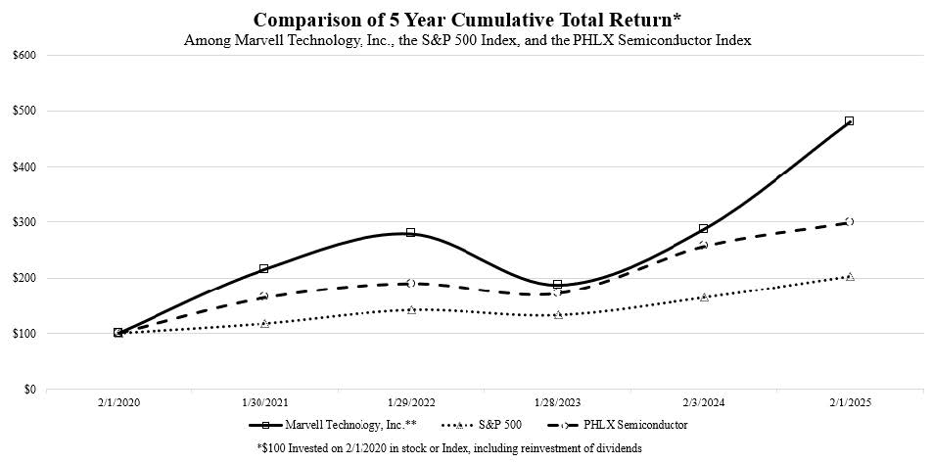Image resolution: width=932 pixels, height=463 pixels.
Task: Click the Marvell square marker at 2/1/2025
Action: (x=849, y=121)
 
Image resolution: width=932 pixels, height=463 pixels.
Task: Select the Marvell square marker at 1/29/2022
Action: (x=410, y=233)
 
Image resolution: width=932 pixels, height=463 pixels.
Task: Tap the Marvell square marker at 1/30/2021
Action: (x=264, y=268)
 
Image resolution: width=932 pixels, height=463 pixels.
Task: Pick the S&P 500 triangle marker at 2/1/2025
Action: (x=849, y=277)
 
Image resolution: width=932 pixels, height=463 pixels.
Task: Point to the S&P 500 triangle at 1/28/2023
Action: (x=557, y=314)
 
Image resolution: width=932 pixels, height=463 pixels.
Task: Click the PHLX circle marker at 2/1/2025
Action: (x=849, y=222)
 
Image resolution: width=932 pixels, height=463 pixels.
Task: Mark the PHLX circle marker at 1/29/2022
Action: (x=410, y=284)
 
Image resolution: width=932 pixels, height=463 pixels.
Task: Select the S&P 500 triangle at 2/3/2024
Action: (x=703, y=297)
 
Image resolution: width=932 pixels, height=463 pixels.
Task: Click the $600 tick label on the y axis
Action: (x=24, y=55)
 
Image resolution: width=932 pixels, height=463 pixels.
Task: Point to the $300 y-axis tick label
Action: (x=24, y=222)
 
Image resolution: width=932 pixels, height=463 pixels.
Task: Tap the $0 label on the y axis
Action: (x=29, y=390)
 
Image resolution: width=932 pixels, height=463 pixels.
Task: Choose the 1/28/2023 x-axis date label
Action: (x=557, y=403)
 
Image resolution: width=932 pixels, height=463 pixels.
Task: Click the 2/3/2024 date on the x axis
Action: (x=703, y=403)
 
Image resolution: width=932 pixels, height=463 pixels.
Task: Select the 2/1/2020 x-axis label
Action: (x=118, y=403)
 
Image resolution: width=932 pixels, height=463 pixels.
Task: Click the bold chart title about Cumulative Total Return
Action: (x=465, y=20)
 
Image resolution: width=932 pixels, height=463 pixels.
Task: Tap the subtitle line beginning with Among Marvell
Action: (x=465, y=40)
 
